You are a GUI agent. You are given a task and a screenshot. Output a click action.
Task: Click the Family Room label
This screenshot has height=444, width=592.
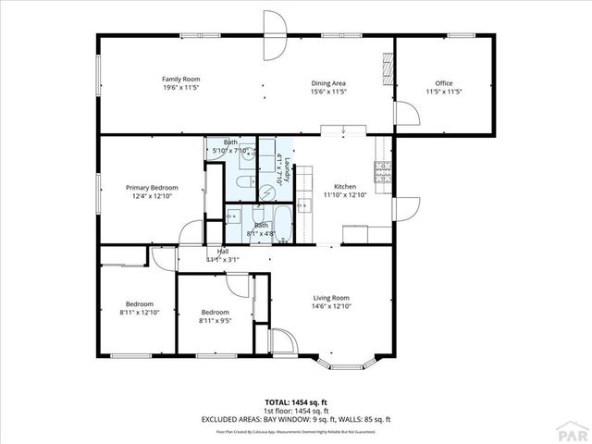tap(181, 80)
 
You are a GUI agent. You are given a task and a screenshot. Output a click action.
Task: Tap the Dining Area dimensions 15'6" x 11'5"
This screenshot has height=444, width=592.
tap(328, 92)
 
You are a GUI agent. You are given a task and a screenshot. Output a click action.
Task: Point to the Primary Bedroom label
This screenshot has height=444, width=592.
tap(152, 188)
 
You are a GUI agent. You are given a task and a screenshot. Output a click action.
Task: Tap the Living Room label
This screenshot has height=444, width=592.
tap(330, 298)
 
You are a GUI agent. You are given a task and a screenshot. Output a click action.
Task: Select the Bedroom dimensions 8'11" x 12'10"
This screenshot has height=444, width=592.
tap(140, 313)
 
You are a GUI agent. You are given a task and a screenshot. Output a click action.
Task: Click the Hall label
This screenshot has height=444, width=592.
tap(223, 252)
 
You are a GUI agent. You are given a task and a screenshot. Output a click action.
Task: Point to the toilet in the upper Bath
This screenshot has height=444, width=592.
tap(242, 182)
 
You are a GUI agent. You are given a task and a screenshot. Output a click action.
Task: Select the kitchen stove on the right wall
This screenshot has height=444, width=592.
tap(382, 171)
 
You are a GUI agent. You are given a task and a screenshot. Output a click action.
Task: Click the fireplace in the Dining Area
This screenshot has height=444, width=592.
tap(387, 67)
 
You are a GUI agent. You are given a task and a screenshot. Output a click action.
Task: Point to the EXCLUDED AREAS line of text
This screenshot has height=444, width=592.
tap(295, 419)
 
